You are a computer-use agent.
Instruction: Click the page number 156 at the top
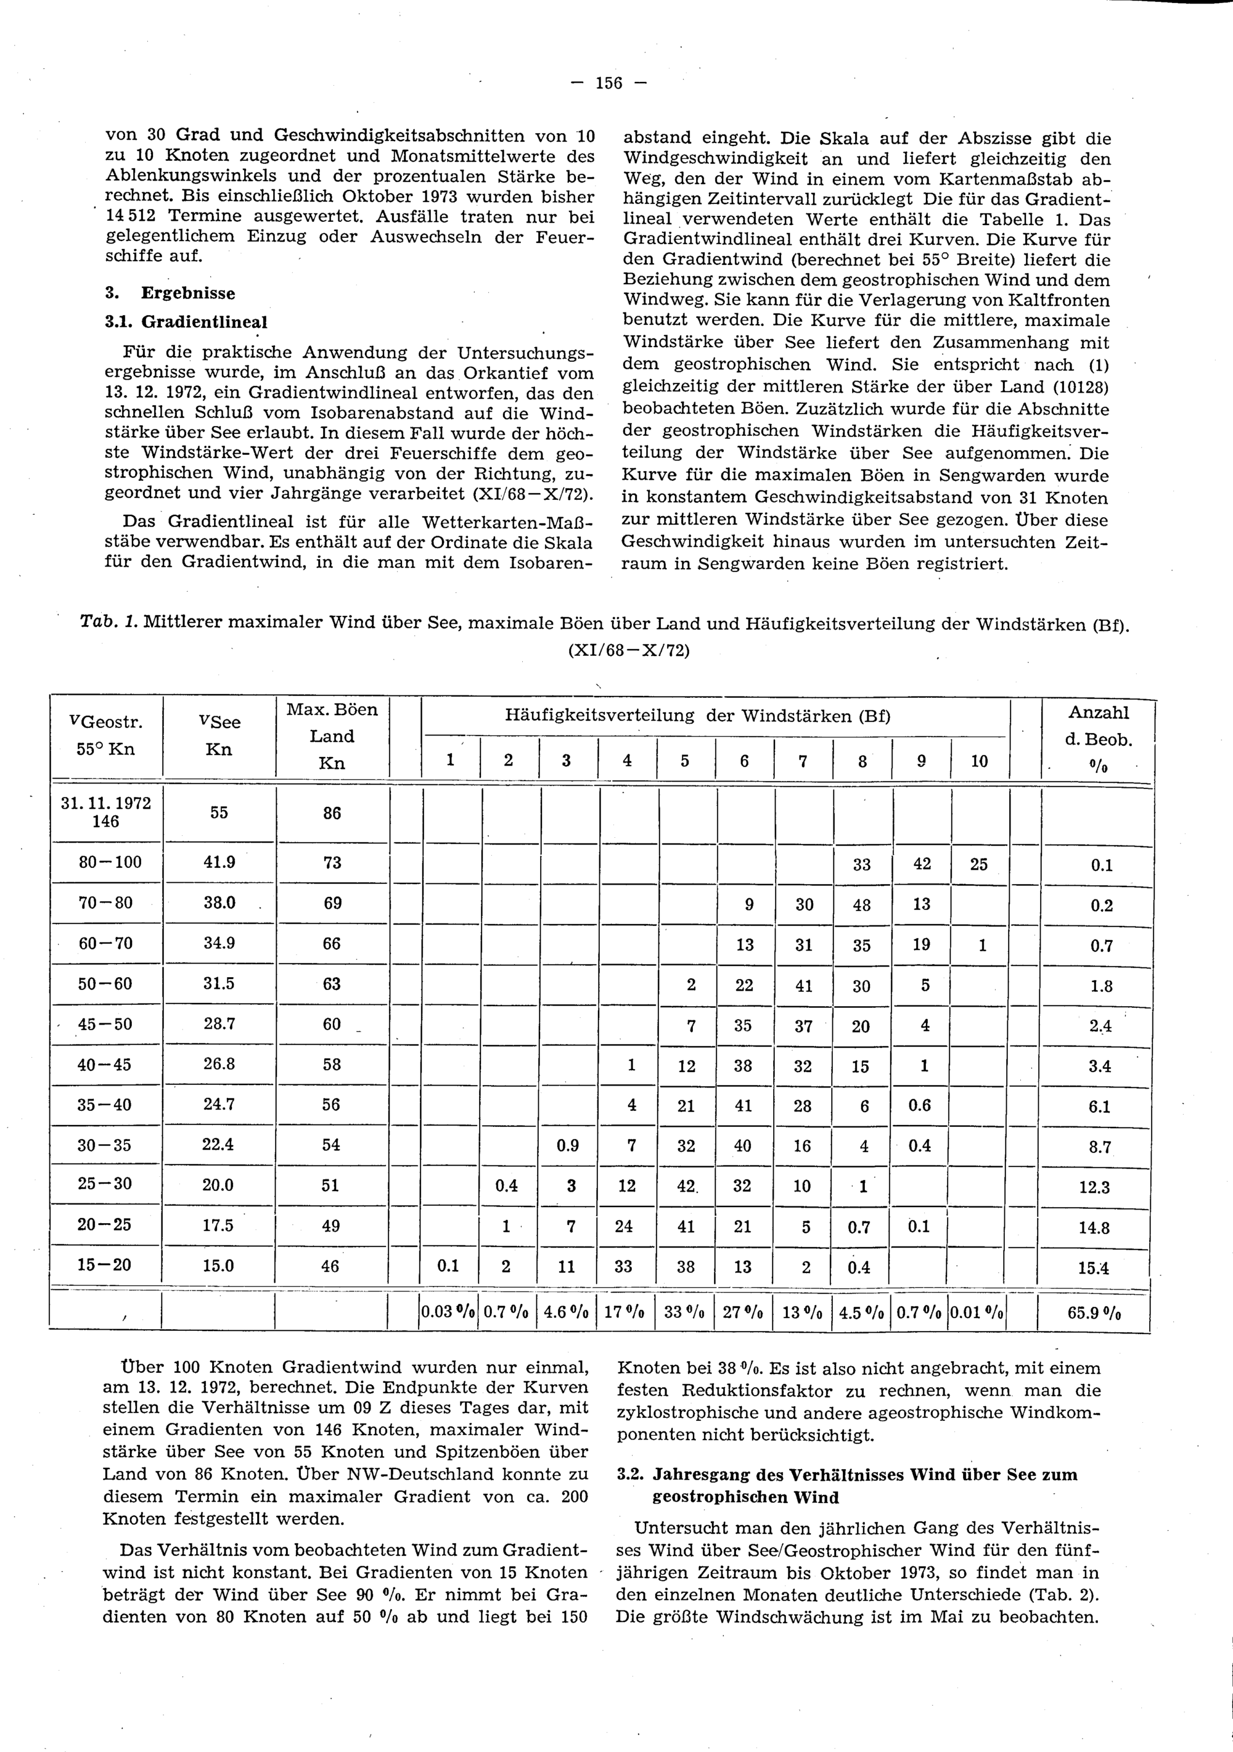point(609,83)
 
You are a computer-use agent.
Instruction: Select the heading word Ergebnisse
point(189,293)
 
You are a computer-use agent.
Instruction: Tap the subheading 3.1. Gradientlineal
point(186,321)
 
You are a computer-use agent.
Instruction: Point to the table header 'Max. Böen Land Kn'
point(332,736)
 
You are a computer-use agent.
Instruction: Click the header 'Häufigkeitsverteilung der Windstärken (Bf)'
point(697,716)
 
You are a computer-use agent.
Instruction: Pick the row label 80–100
point(110,863)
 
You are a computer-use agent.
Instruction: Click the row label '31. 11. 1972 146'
point(106,812)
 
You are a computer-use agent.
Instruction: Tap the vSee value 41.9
point(219,863)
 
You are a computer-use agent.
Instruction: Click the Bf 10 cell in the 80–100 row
point(979,864)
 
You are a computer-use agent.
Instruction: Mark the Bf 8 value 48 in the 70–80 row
point(862,904)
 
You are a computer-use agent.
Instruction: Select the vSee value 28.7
point(219,1024)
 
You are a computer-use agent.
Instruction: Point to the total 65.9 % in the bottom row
point(1099,1314)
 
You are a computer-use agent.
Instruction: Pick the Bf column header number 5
point(685,761)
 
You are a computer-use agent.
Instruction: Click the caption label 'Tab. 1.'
point(108,623)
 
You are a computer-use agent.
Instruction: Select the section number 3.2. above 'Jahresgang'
point(632,1474)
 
